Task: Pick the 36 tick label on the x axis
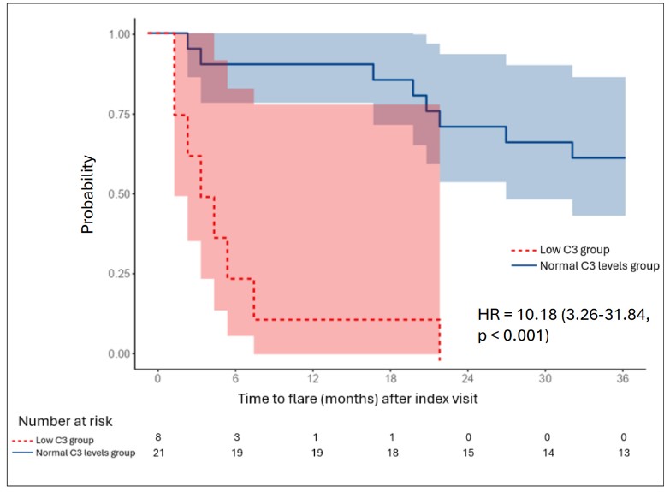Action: [622, 378]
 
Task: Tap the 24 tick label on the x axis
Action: [468, 378]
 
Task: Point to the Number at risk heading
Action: [65, 421]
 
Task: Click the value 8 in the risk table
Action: [158, 438]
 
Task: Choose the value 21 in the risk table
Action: [158, 453]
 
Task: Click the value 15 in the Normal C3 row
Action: [468, 453]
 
